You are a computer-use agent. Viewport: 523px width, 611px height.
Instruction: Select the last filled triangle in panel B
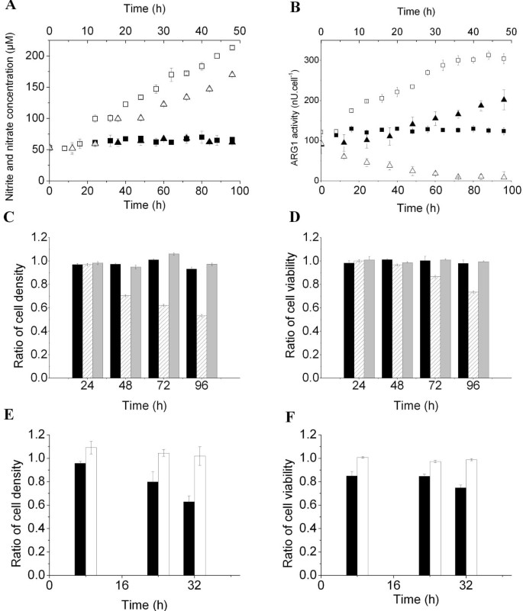tap(504, 99)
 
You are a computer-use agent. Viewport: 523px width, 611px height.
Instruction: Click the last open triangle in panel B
tap(504, 176)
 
